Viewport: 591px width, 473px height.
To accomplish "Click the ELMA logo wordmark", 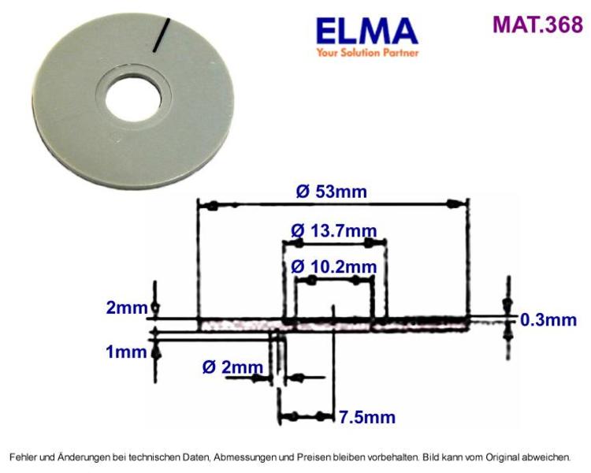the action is tap(367, 32).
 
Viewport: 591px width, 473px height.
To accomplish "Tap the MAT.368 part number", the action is tap(537, 24).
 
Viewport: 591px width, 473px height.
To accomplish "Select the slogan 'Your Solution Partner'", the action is tap(367, 52).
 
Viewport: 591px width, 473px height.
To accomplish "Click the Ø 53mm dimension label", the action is tap(331, 192).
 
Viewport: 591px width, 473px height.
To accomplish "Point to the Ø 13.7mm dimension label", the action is tap(334, 230).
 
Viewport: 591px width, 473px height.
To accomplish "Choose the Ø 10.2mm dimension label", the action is tap(334, 267).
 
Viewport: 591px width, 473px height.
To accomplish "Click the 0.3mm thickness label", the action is tap(548, 320).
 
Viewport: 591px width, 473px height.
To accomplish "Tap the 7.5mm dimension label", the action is tap(367, 417).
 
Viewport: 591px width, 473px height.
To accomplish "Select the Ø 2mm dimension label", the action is tap(232, 367).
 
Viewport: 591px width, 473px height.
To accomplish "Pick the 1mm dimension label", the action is tap(126, 352).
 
